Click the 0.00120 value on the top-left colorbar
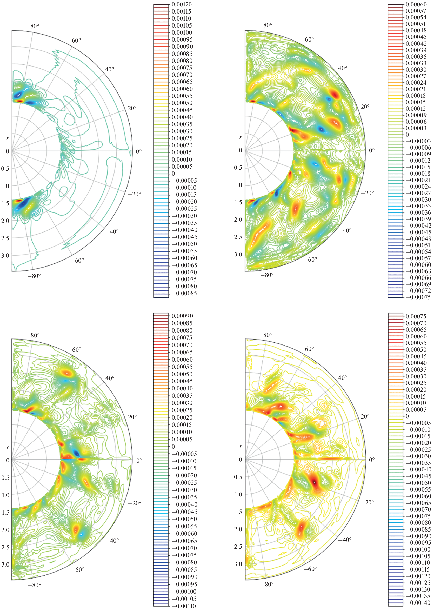point(182,4)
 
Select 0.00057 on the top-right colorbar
point(416,11)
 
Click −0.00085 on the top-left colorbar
point(184,294)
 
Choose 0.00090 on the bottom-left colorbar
point(182,316)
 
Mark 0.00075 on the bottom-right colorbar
point(416,316)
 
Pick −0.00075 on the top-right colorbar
point(418,297)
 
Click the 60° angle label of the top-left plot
point(76,41)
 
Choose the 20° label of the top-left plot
point(132,108)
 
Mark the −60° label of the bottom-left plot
point(77,570)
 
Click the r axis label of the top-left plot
point(8,138)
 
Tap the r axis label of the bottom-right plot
point(241,446)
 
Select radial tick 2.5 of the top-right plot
point(238,237)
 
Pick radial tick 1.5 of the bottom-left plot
point(6,513)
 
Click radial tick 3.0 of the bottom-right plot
point(238,564)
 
